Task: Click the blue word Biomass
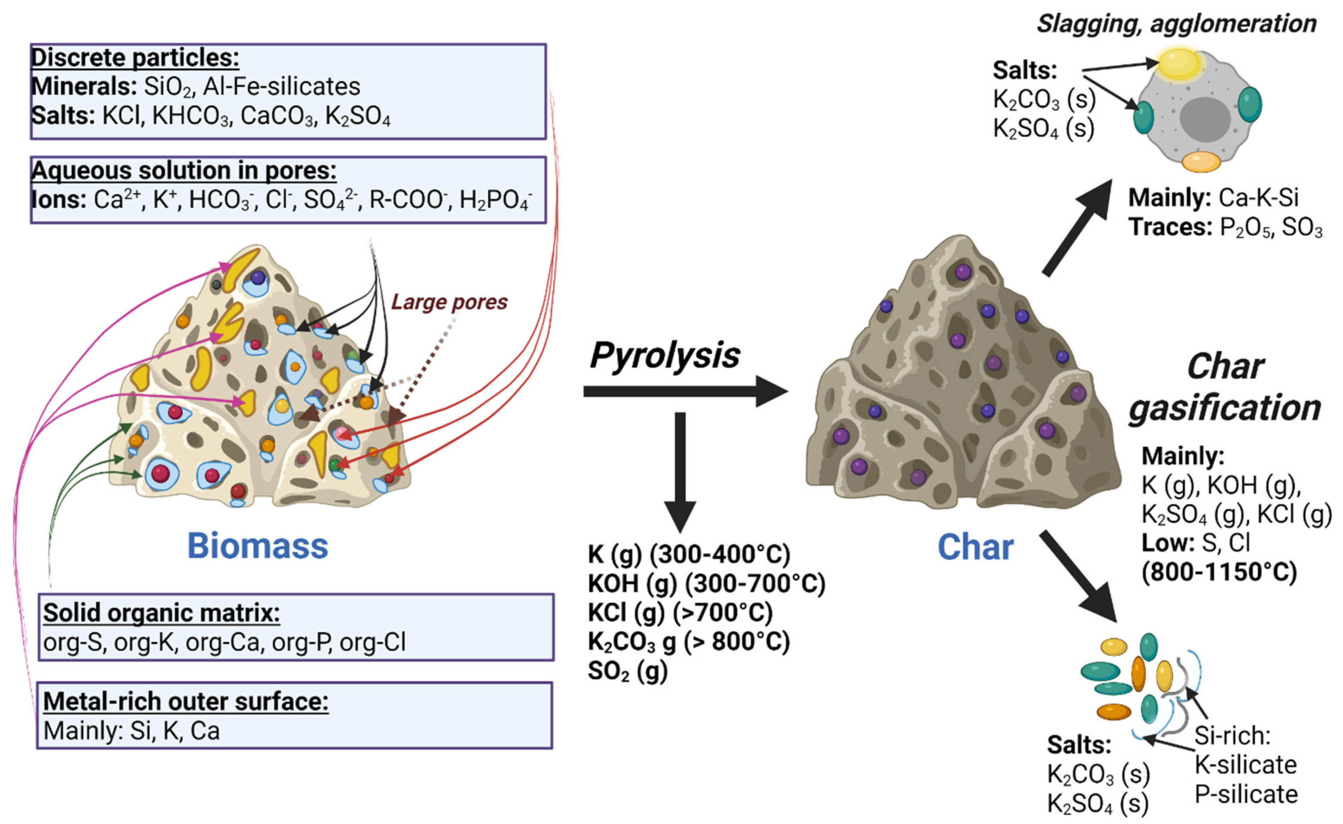(x=257, y=546)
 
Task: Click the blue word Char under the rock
(x=975, y=547)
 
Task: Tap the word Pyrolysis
(x=664, y=355)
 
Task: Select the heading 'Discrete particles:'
(x=135, y=57)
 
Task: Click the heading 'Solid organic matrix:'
(x=161, y=613)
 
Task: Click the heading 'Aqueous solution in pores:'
(x=184, y=170)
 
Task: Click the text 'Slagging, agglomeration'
(x=1176, y=23)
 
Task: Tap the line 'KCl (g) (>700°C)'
(x=680, y=613)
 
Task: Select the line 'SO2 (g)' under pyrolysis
(x=627, y=671)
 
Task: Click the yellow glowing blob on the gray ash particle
(x=1179, y=63)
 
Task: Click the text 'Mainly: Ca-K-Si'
(x=1213, y=197)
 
